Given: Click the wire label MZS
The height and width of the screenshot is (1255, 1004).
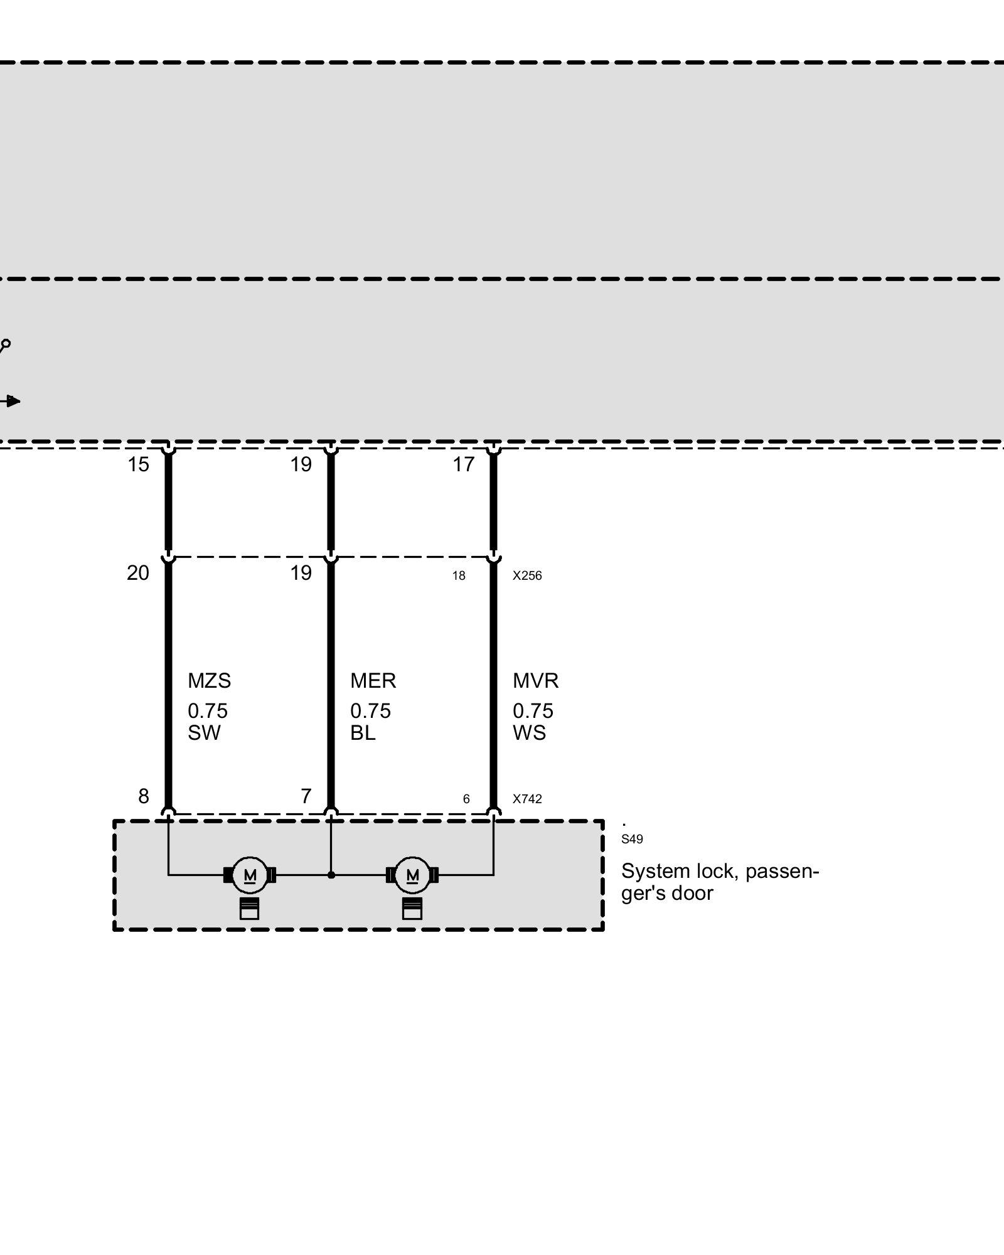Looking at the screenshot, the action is tap(209, 681).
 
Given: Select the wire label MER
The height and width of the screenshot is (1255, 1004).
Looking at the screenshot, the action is tap(373, 681).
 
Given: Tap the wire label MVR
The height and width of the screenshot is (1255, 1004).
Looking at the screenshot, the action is tap(535, 681).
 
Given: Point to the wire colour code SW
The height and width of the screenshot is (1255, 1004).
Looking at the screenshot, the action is tap(204, 733).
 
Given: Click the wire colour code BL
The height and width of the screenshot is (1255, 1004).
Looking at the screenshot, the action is tap(363, 733).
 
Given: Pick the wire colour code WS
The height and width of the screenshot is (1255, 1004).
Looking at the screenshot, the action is tap(529, 733).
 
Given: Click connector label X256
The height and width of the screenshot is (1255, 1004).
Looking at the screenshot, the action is tap(527, 575).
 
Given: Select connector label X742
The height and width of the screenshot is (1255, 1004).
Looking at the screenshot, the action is tap(527, 799).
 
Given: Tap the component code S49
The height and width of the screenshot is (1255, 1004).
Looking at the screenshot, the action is tap(632, 840).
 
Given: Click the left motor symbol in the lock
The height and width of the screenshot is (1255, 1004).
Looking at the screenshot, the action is tap(250, 875).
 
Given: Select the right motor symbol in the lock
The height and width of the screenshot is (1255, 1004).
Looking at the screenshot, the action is tap(412, 875).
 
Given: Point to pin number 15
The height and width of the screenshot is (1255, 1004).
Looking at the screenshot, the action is tap(138, 465).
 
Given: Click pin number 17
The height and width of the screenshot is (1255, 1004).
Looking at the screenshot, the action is tap(464, 465).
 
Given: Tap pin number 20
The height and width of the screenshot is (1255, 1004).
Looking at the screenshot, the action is tap(138, 573).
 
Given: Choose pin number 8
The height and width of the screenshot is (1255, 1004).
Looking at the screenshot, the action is tap(144, 796).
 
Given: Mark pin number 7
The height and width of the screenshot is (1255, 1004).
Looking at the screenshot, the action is tap(306, 796).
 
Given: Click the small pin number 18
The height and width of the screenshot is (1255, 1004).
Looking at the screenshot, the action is tap(459, 576).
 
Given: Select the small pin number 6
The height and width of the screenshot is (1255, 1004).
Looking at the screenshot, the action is tap(466, 799).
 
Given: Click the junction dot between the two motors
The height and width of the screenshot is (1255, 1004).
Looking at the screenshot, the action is tap(331, 875).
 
